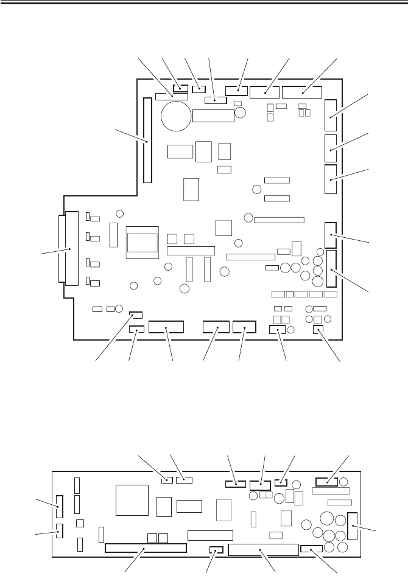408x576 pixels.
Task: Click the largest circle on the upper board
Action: [175, 114]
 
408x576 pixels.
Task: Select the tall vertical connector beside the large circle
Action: [147, 140]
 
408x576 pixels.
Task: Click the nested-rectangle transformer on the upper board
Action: [142, 242]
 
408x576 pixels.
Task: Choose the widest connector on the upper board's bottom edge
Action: [166, 328]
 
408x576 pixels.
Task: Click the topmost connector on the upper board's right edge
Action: [331, 116]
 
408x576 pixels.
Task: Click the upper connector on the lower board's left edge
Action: [59, 503]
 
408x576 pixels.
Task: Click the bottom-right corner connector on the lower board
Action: [312, 549]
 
